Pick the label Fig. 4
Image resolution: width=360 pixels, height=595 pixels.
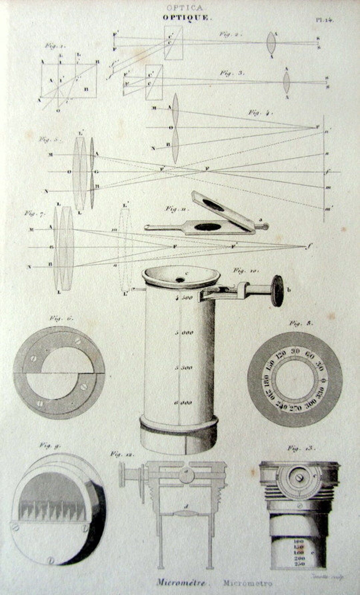(x=260, y=113)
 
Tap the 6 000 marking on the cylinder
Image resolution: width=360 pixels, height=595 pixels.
(x=183, y=403)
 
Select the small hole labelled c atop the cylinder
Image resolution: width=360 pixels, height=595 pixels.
(x=181, y=279)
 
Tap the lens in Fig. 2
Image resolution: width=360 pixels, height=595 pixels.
(x=271, y=43)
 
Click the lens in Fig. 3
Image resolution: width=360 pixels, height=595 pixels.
(x=286, y=82)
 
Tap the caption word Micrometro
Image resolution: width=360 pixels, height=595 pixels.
(x=248, y=583)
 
